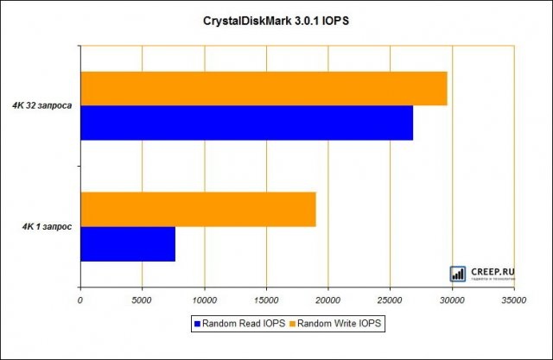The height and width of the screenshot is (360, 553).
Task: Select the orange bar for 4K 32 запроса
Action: point(264,88)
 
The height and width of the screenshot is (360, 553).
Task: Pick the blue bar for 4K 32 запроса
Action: point(246,123)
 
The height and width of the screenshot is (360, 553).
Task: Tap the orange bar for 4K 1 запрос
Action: point(198,210)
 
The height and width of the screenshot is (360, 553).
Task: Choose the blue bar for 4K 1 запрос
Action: point(128,244)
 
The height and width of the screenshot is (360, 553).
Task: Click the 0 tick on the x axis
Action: point(80,300)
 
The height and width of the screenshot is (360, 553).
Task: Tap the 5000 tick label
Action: point(142,300)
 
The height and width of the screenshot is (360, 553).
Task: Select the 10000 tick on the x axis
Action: point(204,300)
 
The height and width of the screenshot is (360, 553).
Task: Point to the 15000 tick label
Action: point(266,300)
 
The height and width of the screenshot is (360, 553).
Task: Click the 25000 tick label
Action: point(390,300)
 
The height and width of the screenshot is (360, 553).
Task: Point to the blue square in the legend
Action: point(197,323)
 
